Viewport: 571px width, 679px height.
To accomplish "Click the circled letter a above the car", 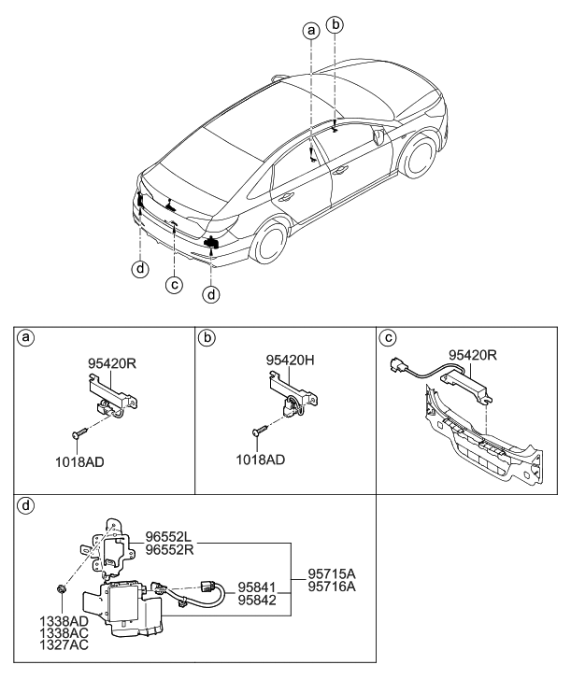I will [311, 30].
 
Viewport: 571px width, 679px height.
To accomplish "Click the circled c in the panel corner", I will [387, 336].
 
